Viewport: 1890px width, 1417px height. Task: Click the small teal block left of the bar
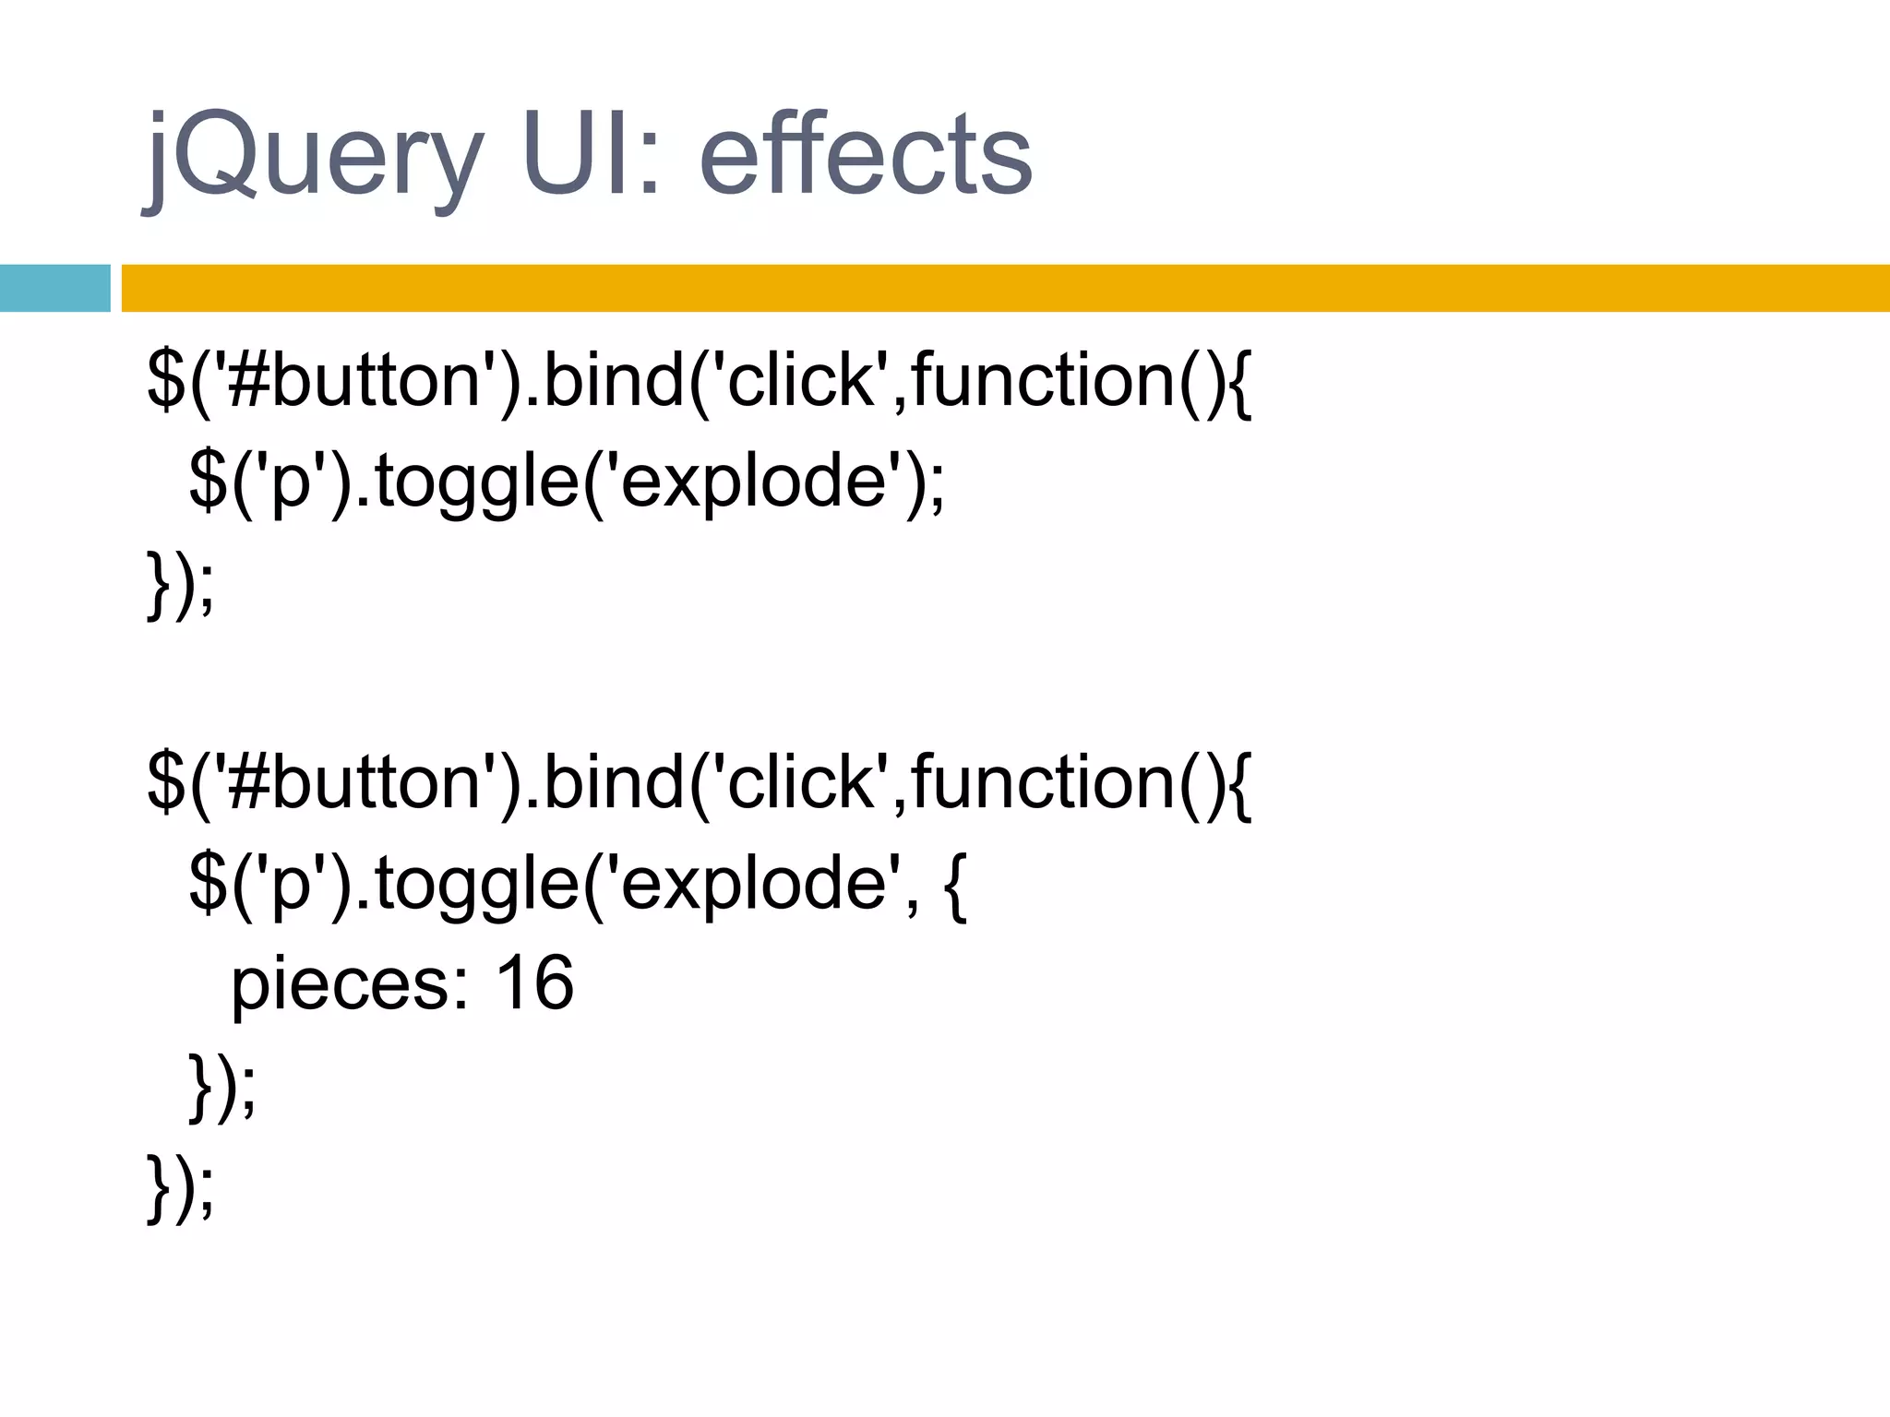click(54, 288)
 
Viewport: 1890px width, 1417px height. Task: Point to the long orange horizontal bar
click(1005, 288)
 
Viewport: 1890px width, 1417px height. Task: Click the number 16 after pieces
click(534, 982)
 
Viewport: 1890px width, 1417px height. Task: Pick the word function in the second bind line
click(1043, 781)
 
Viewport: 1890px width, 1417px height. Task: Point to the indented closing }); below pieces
click(221, 1086)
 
